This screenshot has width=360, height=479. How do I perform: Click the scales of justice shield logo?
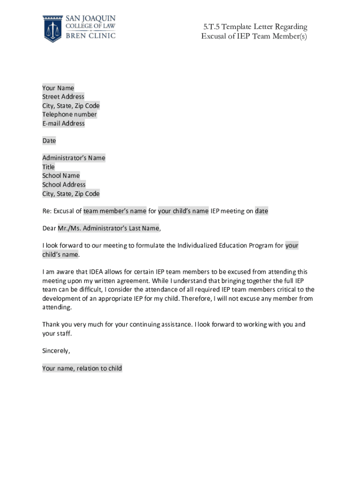[52, 28]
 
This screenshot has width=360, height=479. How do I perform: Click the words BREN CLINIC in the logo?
[90, 36]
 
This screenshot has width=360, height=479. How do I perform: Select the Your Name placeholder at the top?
[58, 88]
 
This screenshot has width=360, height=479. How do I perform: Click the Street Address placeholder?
[63, 97]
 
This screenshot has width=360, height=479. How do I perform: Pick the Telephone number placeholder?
[70, 115]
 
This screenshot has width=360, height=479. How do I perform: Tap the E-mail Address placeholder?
[64, 123]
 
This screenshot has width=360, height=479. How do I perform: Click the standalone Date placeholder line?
[49, 141]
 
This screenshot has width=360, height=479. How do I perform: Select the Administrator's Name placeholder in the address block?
[74, 158]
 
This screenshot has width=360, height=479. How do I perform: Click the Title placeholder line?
[49, 167]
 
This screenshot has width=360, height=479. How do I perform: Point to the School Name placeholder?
[61, 176]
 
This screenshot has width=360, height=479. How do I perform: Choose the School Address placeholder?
[64, 185]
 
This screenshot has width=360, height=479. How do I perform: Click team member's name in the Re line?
[115, 211]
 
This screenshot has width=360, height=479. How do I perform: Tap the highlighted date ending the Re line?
[261, 211]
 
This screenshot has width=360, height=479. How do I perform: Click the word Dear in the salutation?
[49, 229]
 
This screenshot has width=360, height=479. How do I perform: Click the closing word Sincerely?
[56, 351]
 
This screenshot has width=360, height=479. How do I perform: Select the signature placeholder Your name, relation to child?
[82, 369]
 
